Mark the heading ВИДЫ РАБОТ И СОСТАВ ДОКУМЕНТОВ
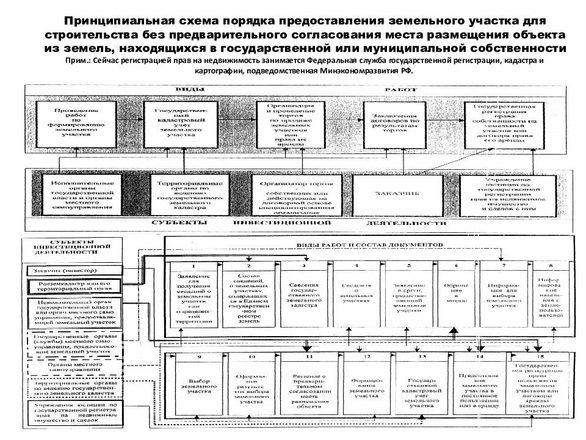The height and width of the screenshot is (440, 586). click(366, 244)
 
